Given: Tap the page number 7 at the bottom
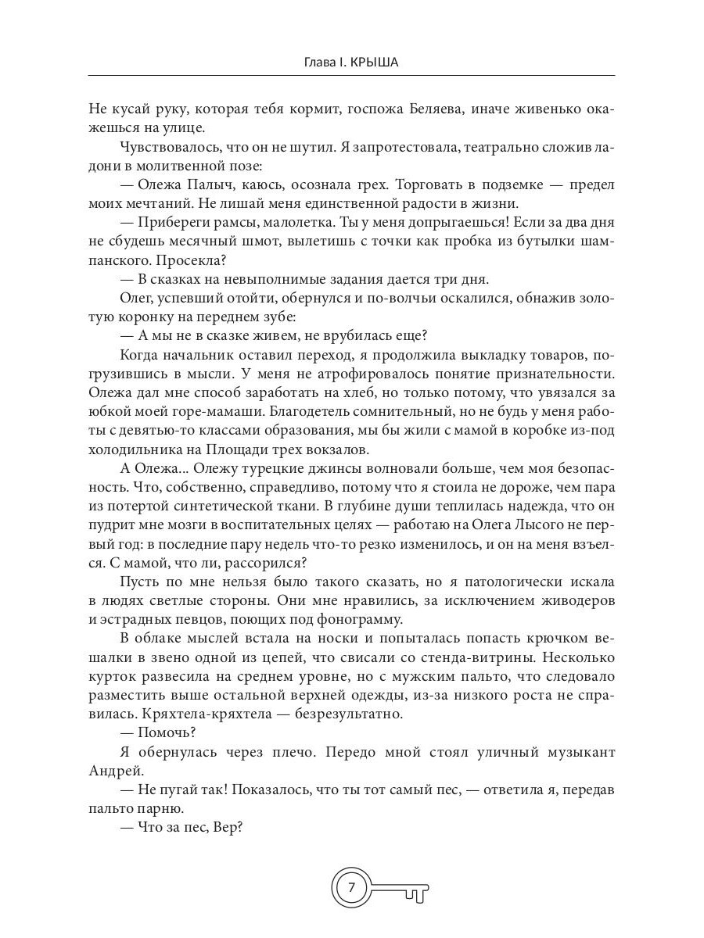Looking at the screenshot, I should pyautogui.click(x=351, y=887).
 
